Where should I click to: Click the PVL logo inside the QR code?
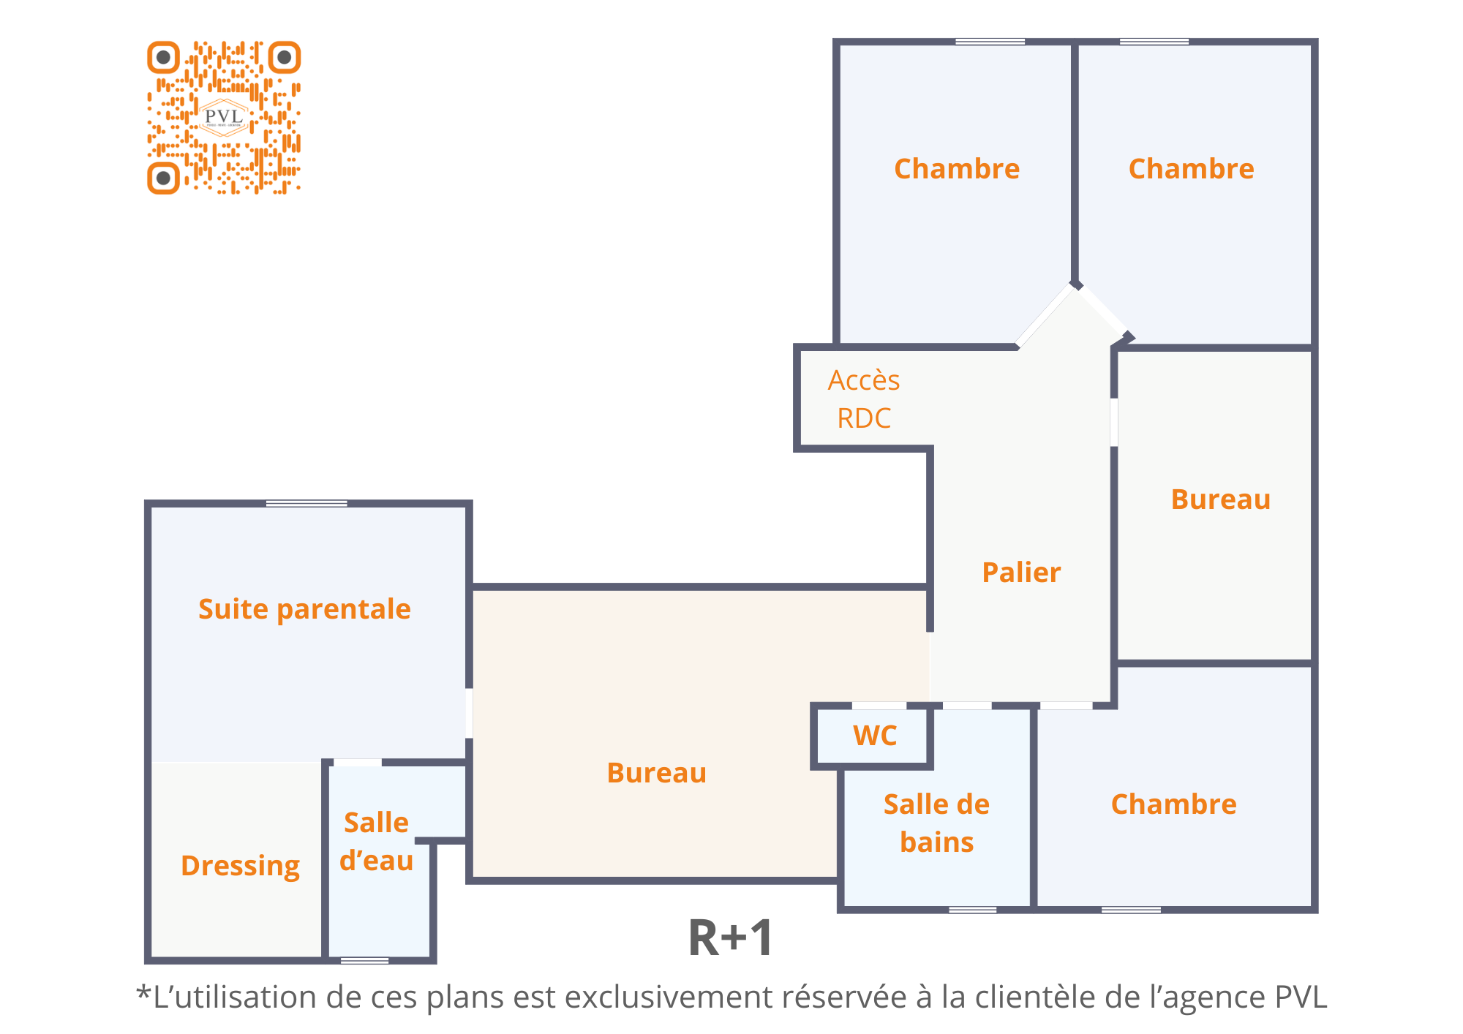pyautogui.click(x=224, y=118)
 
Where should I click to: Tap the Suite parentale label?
pyautogui.click(x=304, y=609)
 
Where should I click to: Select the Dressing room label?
pyautogui.click(x=240, y=866)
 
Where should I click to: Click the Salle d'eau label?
pyautogui.click(x=376, y=842)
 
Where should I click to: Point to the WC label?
pyautogui.click(x=875, y=736)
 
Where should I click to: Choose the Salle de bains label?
pyautogui.click(x=936, y=823)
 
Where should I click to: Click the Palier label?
pyautogui.click(x=1021, y=573)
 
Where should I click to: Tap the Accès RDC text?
pyautogui.click(x=864, y=399)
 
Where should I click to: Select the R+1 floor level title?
pyautogui.click(x=730, y=938)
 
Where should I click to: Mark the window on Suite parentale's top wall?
pyautogui.click(x=306, y=503)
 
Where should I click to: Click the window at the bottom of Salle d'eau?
pyautogui.click(x=364, y=960)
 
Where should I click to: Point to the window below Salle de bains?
pyautogui.click(x=972, y=910)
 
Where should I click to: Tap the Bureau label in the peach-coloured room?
pyautogui.click(x=657, y=773)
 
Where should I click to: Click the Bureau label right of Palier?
pyautogui.click(x=1221, y=499)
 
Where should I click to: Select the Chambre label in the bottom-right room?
pyautogui.click(x=1174, y=804)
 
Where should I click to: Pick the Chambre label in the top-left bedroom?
pyautogui.click(x=957, y=169)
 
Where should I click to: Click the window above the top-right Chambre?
pyautogui.click(x=1154, y=42)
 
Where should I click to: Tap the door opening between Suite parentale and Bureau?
pyautogui.click(x=469, y=713)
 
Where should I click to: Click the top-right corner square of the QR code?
pyautogui.click(x=285, y=57)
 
